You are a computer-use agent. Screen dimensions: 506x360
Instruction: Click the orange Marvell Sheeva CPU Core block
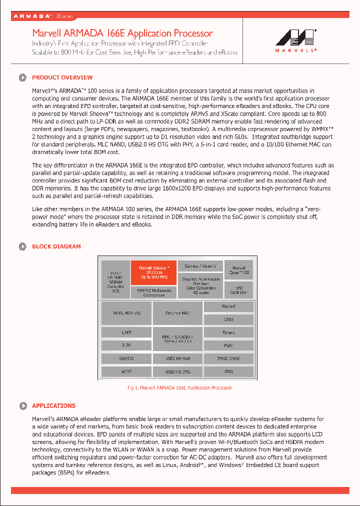(x=153, y=272)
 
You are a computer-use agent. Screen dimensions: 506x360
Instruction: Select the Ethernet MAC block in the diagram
(x=177, y=313)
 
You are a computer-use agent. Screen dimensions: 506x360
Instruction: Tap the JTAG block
(x=228, y=371)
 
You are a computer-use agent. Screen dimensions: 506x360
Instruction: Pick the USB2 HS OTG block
(x=177, y=371)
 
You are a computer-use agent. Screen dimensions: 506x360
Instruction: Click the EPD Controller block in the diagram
(x=238, y=290)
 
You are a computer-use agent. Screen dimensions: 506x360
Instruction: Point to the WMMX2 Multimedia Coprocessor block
(x=153, y=292)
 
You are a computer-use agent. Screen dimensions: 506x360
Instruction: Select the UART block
(x=126, y=332)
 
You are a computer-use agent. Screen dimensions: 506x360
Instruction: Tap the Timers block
(x=228, y=332)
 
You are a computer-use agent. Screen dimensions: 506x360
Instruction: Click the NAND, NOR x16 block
(x=126, y=313)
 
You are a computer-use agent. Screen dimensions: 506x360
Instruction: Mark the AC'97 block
(x=126, y=371)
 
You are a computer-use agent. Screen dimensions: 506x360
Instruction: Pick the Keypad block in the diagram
(x=228, y=306)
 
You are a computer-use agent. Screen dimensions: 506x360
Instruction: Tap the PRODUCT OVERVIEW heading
(x=62, y=77)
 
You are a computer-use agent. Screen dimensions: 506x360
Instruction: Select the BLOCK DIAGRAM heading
(x=56, y=246)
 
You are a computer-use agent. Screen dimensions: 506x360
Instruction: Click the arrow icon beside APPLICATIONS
(x=22, y=406)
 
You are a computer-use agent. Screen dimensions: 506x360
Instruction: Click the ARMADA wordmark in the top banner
(x=32, y=16)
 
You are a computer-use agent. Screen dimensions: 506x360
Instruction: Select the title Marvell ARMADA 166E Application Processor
(x=122, y=33)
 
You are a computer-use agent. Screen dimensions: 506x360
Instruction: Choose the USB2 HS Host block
(x=177, y=358)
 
